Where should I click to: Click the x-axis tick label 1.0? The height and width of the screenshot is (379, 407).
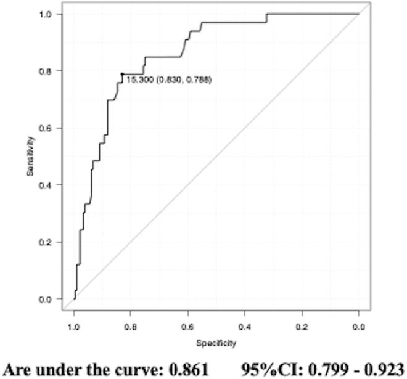click(75, 322)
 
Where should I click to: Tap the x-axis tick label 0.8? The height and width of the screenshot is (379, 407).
click(131, 322)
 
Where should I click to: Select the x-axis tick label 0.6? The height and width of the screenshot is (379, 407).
click(188, 322)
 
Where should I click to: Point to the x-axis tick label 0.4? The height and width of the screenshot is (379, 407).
click(245, 322)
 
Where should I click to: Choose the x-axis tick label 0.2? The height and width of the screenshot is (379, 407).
click(302, 322)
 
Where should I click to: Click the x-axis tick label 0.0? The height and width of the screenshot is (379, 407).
click(358, 322)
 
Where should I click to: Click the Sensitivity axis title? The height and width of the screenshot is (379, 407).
click(30, 157)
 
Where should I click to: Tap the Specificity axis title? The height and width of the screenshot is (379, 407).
click(216, 343)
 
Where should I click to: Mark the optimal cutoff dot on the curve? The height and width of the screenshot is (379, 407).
click(123, 74)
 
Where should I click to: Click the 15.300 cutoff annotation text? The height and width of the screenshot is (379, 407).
click(138, 79)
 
